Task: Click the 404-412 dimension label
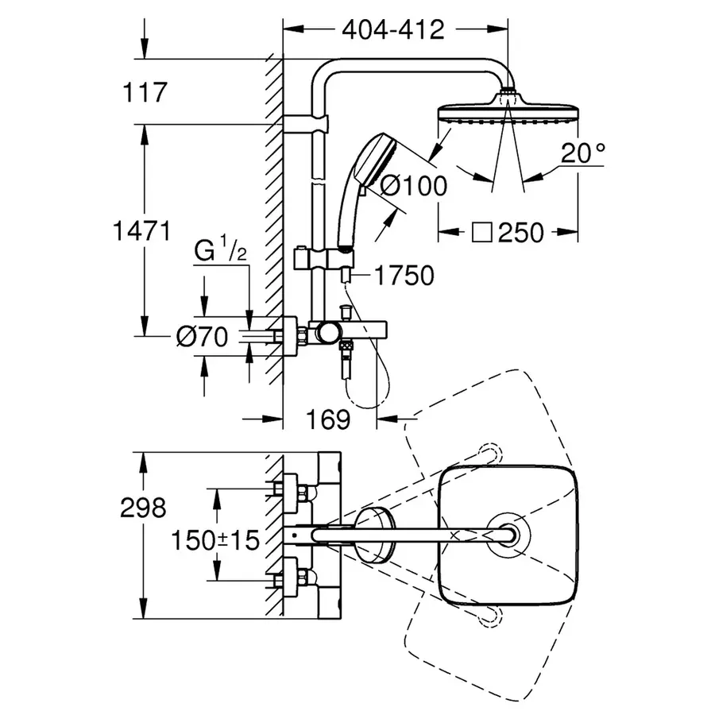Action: coord(392,30)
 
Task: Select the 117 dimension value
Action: coord(145,92)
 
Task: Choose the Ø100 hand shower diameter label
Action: coord(413,186)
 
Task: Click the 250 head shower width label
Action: coord(521,233)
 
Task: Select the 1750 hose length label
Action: coord(405,276)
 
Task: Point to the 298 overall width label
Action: coord(143,506)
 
